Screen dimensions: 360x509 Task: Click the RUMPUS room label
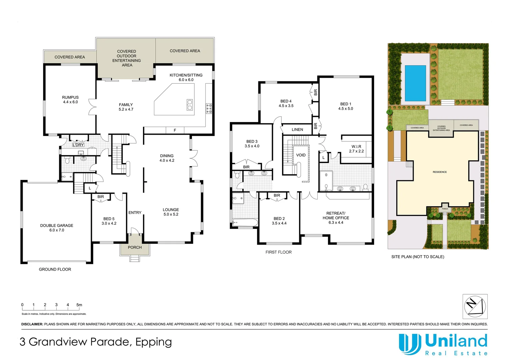pos(70,97)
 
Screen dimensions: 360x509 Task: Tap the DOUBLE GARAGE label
pos(57,226)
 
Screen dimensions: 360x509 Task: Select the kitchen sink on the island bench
pos(189,105)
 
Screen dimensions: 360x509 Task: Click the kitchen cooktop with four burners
pos(209,108)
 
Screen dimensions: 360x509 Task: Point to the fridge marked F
pos(175,130)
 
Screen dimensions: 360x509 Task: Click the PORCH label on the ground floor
pos(135,247)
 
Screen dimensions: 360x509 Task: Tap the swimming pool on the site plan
pos(415,83)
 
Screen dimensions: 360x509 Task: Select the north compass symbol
pos(475,306)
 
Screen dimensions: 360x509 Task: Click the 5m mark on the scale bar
pos(79,305)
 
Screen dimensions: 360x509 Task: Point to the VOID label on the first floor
pos(301,155)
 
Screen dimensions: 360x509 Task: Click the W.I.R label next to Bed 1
pos(356,147)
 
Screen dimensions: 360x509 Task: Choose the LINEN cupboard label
pos(297,130)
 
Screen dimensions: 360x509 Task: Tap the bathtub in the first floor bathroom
pos(245,222)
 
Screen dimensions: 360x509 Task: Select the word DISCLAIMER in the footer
pos(32,324)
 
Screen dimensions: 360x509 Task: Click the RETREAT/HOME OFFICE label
pos(336,216)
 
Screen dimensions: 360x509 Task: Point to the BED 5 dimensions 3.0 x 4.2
pos(109,223)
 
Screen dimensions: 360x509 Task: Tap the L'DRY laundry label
pos(78,145)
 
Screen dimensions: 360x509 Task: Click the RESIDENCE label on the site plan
pos(440,172)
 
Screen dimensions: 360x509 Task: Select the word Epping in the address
pos(154,342)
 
